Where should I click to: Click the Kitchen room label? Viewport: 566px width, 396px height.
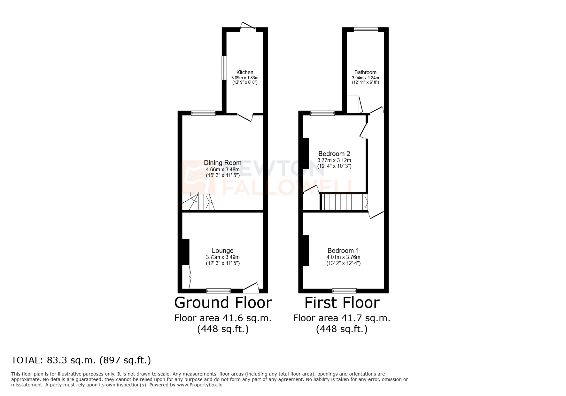click(245, 72)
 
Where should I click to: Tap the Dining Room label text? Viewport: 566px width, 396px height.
click(223, 163)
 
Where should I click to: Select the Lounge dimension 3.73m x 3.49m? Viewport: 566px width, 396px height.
click(223, 257)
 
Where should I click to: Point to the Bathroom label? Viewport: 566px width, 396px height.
click(365, 72)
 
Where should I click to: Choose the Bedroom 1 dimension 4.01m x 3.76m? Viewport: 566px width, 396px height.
click(343, 257)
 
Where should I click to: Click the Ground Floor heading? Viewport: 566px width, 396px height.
click(223, 302)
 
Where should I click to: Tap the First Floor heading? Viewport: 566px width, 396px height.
click(342, 302)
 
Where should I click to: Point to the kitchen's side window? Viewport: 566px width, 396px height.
click(224, 68)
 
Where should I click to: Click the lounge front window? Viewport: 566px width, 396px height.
click(218, 291)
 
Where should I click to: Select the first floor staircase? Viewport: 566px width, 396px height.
click(345, 202)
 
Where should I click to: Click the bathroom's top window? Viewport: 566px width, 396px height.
click(366, 30)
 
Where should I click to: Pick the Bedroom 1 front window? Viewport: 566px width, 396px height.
click(344, 291)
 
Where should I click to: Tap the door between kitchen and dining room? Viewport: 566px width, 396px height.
click(245, 117)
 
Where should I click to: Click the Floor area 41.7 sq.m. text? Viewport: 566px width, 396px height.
click(342, 318)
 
